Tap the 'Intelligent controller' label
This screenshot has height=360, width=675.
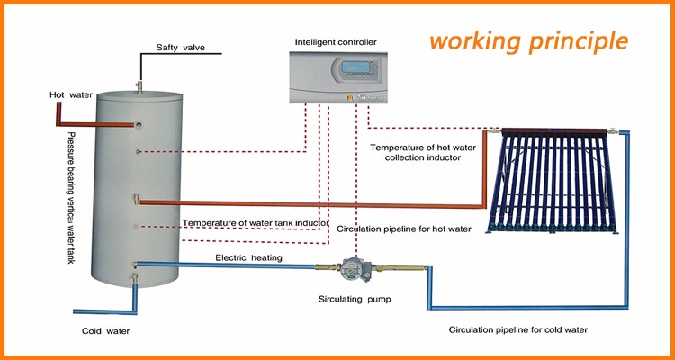pyautogui.click(x=337, y=42)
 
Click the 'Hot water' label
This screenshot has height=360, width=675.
pyautogui.click(x=71, y=94)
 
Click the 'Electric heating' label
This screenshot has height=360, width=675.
pyautogui.click(x=249, y=258)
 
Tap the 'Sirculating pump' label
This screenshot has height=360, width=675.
pyautogui.click(x=354, y=297)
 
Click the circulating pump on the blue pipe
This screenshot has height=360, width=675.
pyautogui.click(x=348, y=267)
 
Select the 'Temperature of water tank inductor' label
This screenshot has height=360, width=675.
pyautogui.click(x=256, y=222)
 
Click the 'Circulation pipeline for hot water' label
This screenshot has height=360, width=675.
pyautogui.click(x=405, y=229)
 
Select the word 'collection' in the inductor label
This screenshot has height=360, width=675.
pyautogui.click(x=416, y=158)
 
